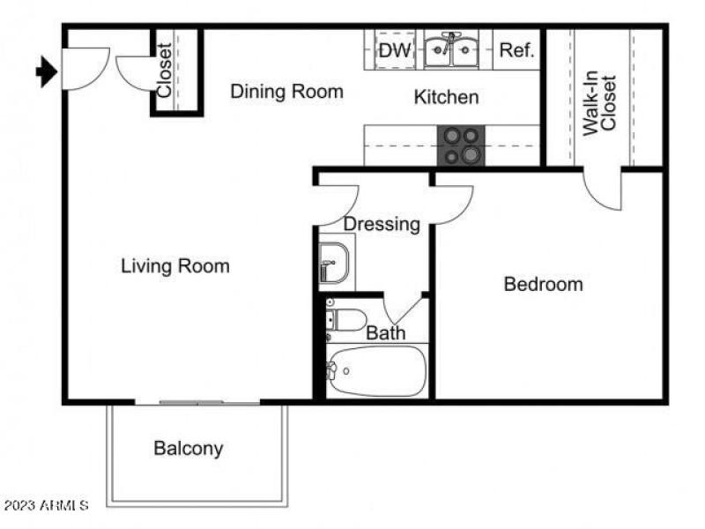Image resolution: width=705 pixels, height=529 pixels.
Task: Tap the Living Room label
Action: (x=174, y=265)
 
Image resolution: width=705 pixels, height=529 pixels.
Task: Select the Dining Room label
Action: (x=286, y=92)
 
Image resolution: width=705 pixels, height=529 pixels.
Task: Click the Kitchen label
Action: (x=446, y=97)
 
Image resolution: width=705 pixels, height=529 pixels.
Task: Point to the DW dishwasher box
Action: (x=395, y=51)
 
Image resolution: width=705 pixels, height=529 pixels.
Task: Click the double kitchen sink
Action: (x=451, y=51)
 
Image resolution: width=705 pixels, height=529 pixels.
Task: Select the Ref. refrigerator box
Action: (x=517, y=51)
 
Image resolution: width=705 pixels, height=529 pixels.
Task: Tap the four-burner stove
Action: (x=462, y=145)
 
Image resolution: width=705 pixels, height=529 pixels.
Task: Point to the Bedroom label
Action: (x=543, y=284)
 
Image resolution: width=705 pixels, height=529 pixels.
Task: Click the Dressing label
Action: (x=382, y=224)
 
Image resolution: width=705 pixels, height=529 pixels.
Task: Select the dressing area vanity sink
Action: (x=334, y=264)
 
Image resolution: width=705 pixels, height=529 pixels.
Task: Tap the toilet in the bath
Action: (x=346, y=319)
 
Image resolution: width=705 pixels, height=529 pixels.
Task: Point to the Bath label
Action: (x=386, y=333)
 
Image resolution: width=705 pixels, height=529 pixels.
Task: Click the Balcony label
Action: (x=188, y=448)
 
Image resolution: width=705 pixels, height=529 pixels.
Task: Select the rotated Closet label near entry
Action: (x=164, y=71)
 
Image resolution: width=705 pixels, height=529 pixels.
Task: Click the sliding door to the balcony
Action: (x=197, y=403)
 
